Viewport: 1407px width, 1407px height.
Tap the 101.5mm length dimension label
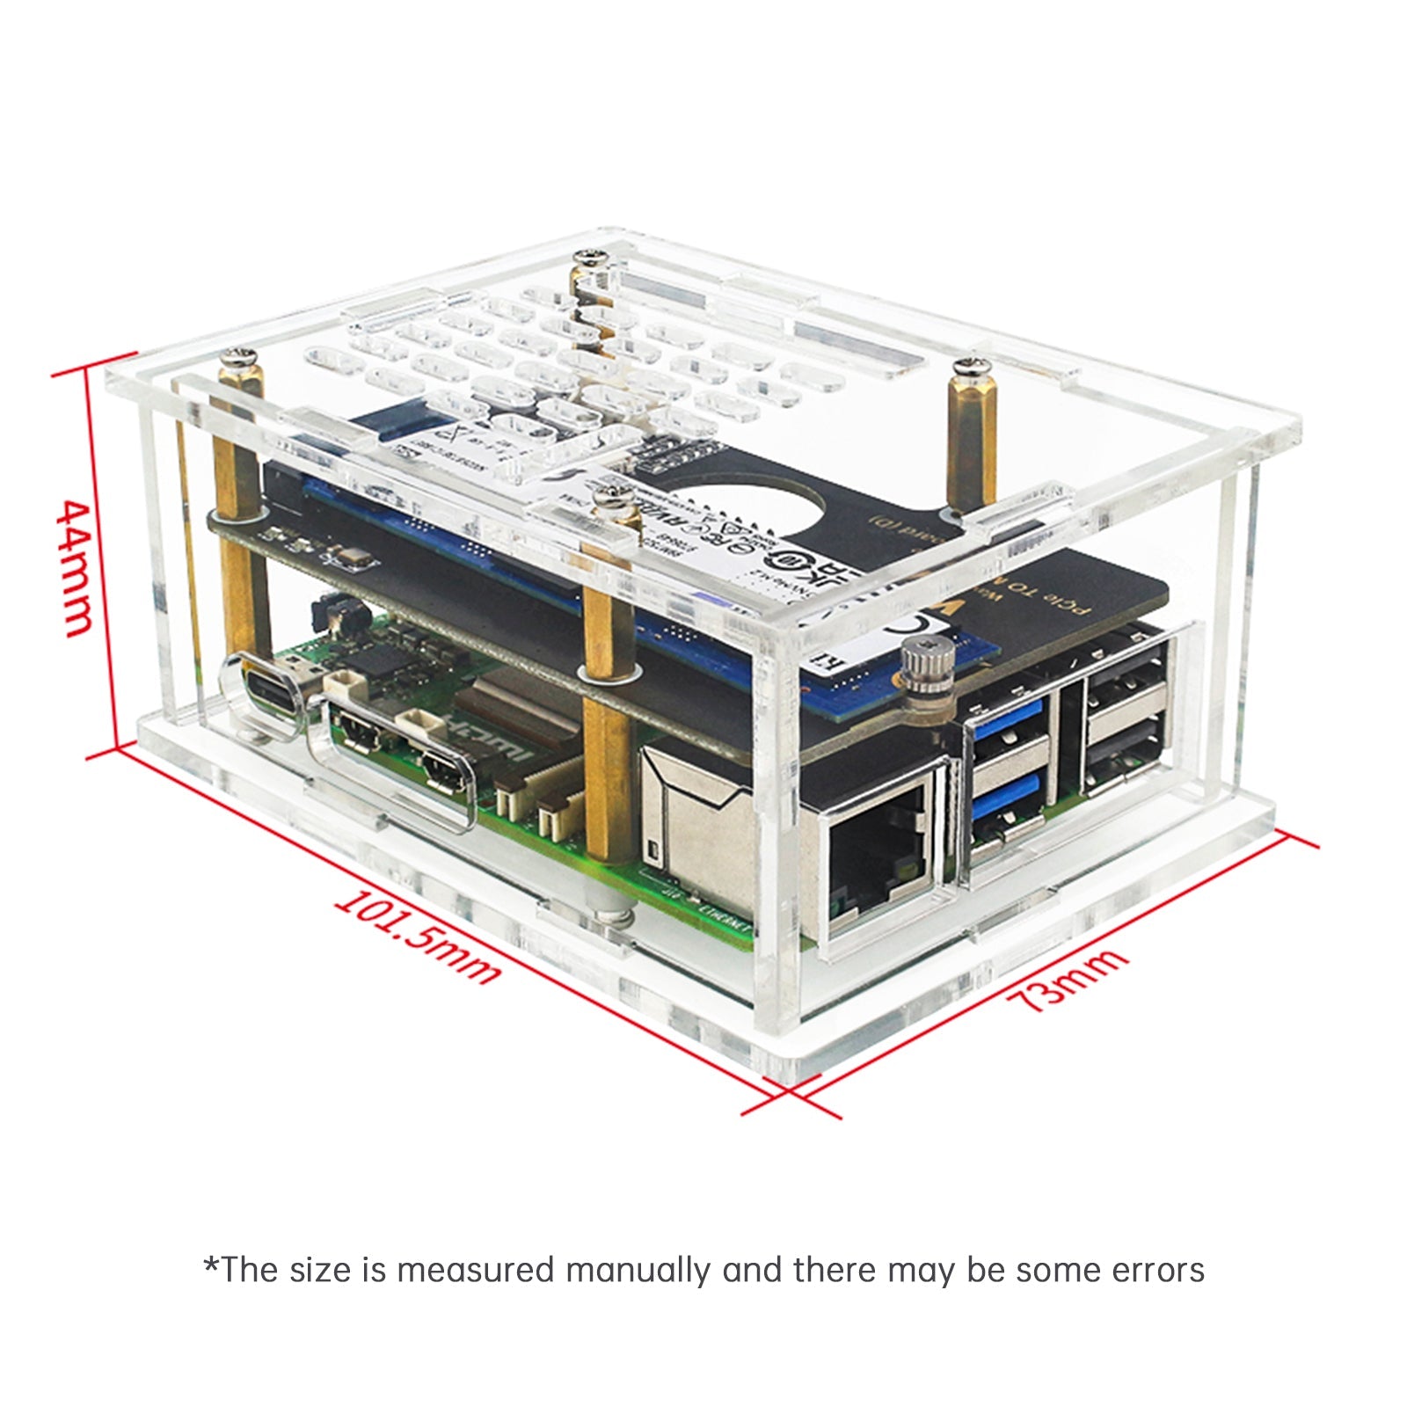click(419, 937)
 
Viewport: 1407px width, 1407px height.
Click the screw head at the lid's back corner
click(590, 257)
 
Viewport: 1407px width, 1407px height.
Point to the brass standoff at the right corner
click(966, 422)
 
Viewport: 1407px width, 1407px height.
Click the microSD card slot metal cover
click(695, 818)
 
